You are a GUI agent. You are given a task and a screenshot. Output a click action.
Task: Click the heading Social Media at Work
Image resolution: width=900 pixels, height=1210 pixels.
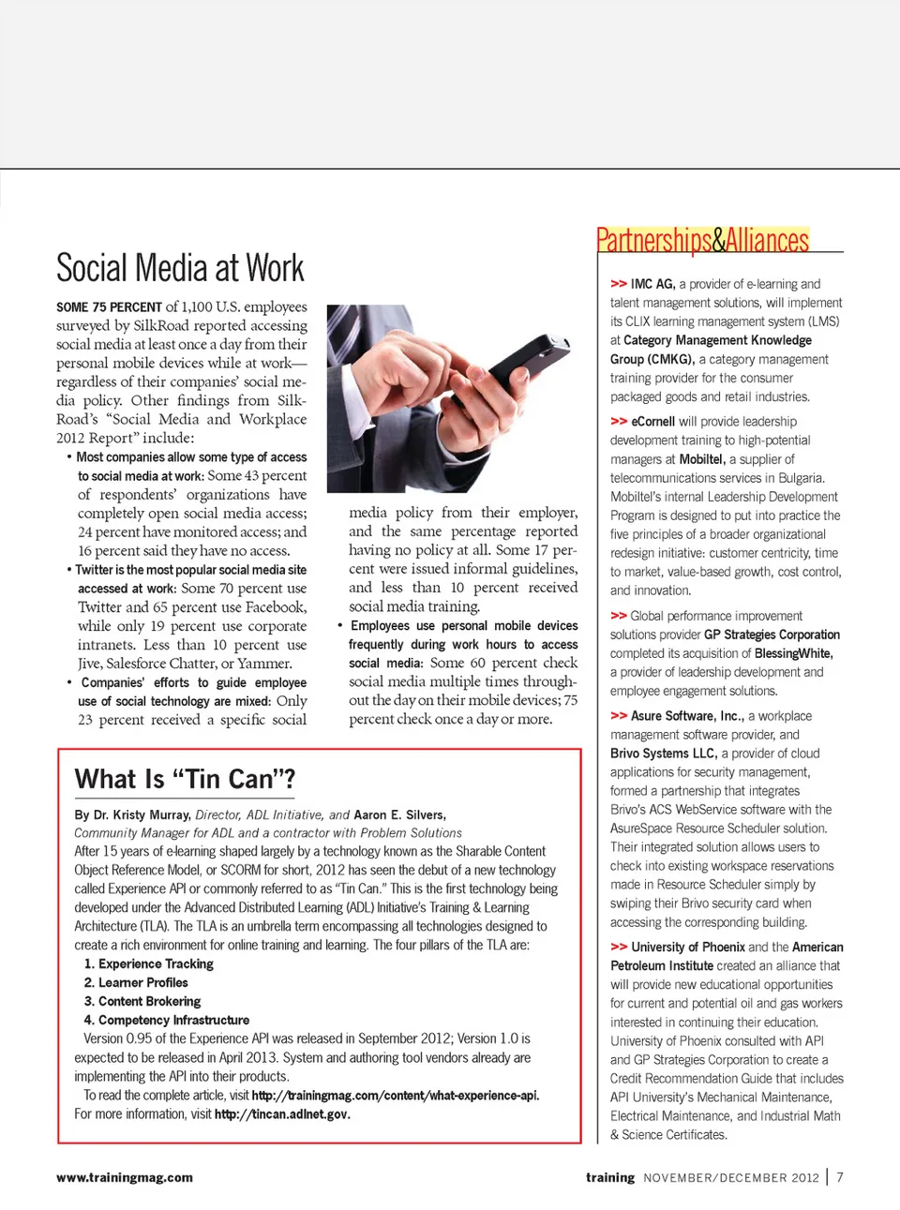coord(180,269)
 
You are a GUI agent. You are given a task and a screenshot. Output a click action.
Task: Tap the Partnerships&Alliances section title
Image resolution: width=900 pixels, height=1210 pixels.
coord(702,241)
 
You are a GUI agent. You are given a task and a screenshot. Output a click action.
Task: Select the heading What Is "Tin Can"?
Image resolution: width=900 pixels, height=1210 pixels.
coord(185,779)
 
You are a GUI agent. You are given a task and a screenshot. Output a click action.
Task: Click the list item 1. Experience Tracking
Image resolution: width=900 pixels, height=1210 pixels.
coord(148,964)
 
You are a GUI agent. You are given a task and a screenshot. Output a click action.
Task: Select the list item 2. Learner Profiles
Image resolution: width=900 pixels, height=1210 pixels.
coord(136,982)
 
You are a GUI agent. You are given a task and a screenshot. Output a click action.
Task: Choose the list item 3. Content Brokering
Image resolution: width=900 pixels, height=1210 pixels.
coord(142,1001)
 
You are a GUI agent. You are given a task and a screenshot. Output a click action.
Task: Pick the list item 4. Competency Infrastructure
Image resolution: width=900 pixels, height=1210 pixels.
coord(166,1020)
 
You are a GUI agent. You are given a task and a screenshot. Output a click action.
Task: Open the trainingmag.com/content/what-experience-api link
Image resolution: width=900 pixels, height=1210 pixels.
coord(395,1096)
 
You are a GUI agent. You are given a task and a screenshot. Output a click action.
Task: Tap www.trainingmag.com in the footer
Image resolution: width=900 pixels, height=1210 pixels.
coord(125,1177)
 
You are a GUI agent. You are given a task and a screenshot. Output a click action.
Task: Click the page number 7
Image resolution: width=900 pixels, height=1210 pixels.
coord(840,1177)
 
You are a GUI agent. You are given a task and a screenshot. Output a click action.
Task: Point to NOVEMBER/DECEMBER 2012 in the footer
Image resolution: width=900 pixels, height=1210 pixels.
coord(730,1178)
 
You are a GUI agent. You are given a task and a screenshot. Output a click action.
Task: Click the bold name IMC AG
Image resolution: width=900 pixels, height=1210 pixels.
coord(652,284)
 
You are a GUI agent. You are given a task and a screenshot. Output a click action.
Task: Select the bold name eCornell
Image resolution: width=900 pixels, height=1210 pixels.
coord(652,422)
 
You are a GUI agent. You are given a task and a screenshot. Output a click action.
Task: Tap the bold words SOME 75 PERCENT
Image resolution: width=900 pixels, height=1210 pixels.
coord(109,307)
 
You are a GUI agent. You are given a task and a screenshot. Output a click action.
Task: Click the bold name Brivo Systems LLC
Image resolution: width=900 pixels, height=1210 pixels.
coord(663,754)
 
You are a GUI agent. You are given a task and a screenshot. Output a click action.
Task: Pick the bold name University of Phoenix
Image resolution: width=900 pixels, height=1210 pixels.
coord(688,948)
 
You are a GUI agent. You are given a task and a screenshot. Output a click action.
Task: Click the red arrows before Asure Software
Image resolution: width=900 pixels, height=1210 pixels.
coord(619,716)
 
